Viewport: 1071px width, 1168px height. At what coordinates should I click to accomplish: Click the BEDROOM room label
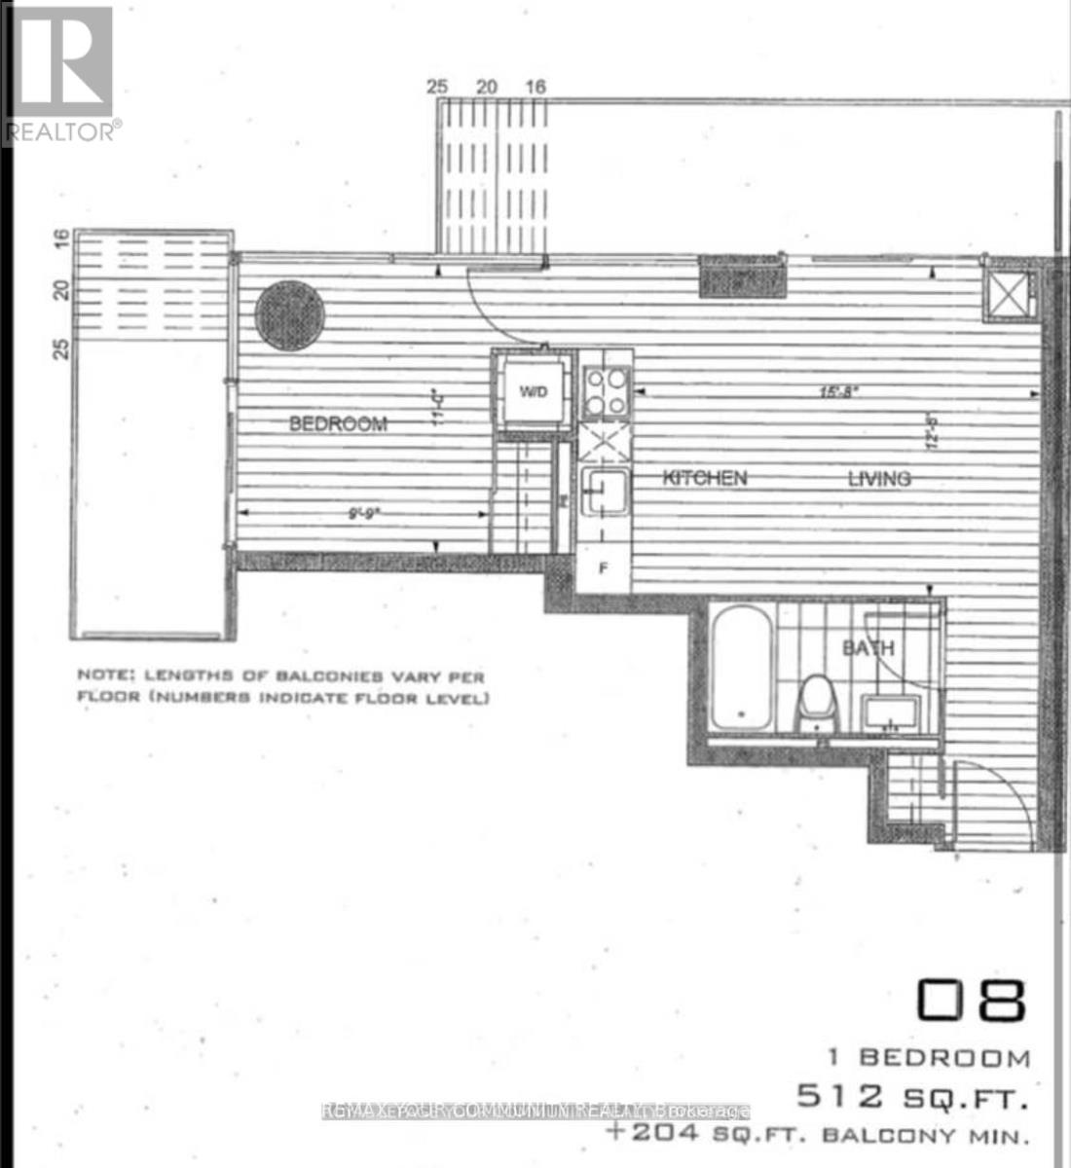(338, 423)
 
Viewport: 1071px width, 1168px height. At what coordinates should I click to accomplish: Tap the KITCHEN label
(705, 478)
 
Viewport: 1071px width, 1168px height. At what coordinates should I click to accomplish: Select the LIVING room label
(878, 478)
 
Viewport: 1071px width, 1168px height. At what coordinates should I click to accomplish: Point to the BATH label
(868, 647)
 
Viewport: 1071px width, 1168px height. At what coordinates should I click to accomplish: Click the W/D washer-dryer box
(533, 392)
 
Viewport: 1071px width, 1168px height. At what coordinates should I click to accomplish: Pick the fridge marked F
(604, 568)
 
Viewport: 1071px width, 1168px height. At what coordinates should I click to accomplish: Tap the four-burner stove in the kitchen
(607, 392)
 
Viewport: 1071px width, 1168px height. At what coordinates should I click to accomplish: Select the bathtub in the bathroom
(742, 667)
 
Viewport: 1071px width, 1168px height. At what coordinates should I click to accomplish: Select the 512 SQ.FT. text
(912, 1098)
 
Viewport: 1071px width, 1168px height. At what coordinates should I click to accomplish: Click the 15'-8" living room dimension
(838, 392)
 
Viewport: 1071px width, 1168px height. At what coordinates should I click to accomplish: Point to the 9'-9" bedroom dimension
(361, 512)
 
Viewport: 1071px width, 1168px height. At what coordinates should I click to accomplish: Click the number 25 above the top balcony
(437, 87)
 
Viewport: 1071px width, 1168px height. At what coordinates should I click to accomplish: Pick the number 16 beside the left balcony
(61, 238)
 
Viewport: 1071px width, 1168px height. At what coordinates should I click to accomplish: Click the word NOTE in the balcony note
(105, 675)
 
